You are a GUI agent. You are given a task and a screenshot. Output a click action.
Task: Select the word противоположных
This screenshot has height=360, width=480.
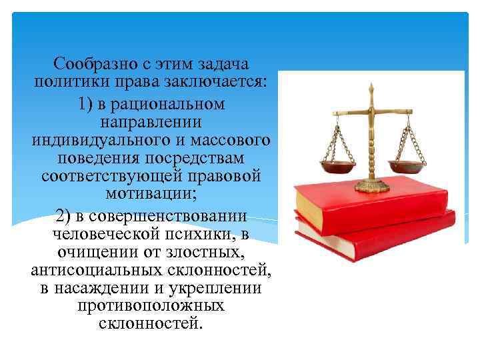(150, 307)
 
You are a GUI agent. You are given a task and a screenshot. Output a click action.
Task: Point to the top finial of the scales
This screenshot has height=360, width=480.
(371, 87)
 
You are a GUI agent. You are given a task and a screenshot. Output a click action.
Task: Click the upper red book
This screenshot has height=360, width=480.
(373, 207)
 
